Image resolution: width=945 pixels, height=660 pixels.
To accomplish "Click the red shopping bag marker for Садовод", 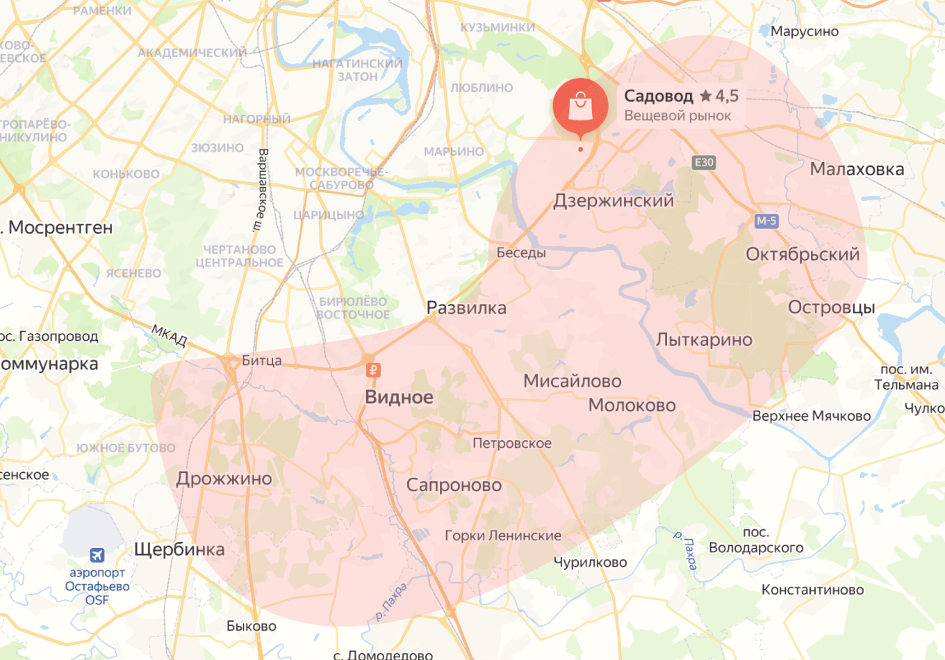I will point(580,106).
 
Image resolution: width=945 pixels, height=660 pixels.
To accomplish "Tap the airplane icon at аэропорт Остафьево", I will point(97,554).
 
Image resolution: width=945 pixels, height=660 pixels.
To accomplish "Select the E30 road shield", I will point(704,162).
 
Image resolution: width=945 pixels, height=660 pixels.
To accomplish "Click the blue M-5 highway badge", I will point(766,220).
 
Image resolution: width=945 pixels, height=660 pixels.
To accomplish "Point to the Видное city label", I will point(399,397).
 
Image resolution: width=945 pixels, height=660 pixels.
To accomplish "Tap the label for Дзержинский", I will point(613,201).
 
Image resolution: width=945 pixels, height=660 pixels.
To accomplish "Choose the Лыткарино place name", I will point(704,340).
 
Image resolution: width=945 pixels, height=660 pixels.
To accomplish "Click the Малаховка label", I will point(857,169).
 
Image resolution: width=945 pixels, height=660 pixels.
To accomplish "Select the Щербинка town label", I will point(179,549).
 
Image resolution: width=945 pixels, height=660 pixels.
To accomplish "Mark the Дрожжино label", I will point(224,478).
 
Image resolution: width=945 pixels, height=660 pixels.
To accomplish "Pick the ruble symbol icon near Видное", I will point(373,370).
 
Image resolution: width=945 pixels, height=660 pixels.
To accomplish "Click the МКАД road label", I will point(170,335).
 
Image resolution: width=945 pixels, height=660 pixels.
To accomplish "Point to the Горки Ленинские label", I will point(502,536).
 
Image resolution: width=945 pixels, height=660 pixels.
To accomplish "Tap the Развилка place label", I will point(466,308).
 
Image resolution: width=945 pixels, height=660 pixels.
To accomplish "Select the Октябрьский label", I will point(802,255).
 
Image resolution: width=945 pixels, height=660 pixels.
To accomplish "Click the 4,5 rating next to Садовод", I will point(726,96).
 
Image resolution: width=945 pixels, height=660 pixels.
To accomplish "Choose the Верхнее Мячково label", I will point(811,416).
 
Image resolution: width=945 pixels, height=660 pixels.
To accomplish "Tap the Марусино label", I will point(804,31).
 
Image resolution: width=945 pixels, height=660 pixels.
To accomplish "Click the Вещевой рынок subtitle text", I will point(677,115).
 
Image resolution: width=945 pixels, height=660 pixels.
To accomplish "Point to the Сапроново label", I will point(454,485).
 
